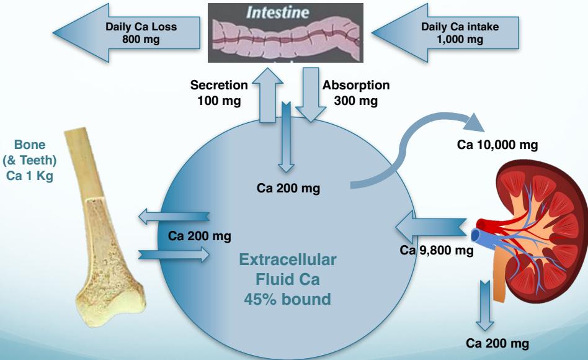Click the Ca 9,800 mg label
437,250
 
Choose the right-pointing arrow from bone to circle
174,253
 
